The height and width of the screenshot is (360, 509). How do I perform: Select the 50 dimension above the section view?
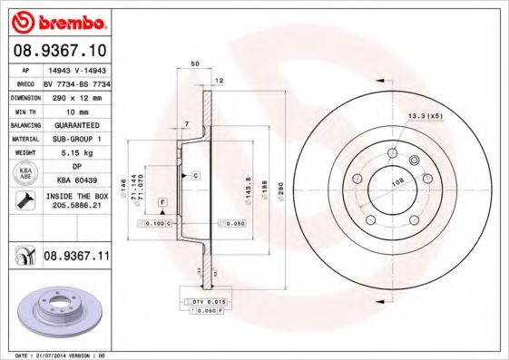[x=195, y=64]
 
